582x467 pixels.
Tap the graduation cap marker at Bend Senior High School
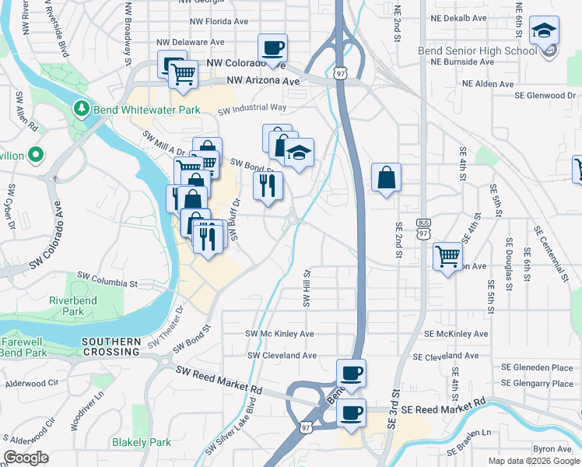tap(544, 32)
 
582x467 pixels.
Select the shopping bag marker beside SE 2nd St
tap(386, 179)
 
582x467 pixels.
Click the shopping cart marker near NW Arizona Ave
tap(184, 75)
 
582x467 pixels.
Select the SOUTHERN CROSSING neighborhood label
tap(110, 346)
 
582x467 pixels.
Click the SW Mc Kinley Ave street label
tap(279, 334)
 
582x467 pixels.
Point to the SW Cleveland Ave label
tap(282, 356)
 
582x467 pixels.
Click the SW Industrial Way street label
tap(252, 109)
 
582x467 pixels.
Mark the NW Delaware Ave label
tap(191, 42)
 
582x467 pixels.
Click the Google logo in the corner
tap(26, 458)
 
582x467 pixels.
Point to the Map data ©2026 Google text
tap(533, 461)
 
